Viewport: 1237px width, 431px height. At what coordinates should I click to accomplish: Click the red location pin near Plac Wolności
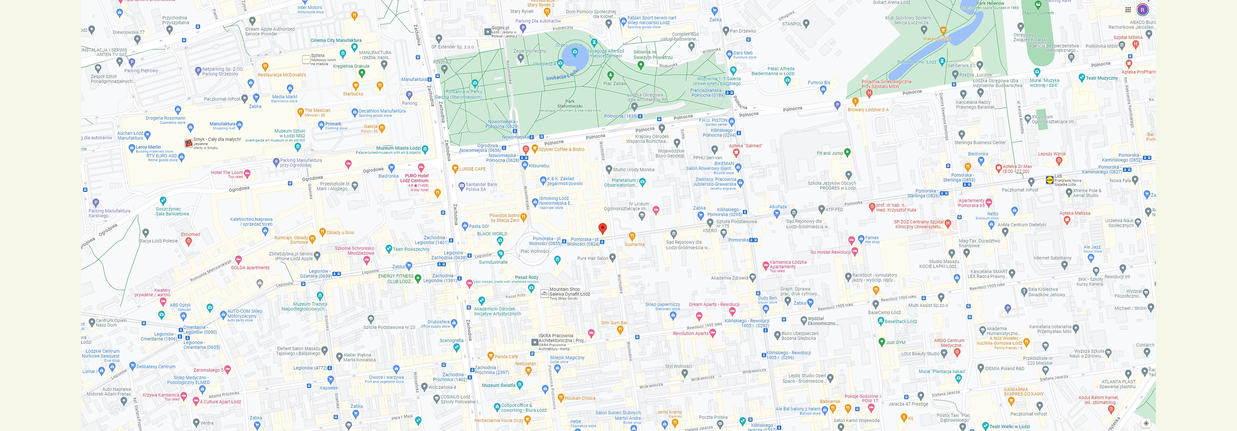603,228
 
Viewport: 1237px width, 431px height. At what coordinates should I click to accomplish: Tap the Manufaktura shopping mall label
222,124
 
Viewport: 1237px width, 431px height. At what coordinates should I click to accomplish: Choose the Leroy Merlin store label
148,147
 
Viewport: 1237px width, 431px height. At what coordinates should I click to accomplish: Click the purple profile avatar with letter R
1142,10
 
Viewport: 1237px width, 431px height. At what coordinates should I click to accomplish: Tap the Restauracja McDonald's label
282,75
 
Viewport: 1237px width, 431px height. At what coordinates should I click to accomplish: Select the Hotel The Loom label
227,173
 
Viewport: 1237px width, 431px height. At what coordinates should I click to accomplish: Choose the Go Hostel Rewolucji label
830,252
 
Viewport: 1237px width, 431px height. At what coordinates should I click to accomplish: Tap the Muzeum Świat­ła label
499,385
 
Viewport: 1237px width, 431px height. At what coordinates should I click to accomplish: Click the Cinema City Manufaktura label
336,40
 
